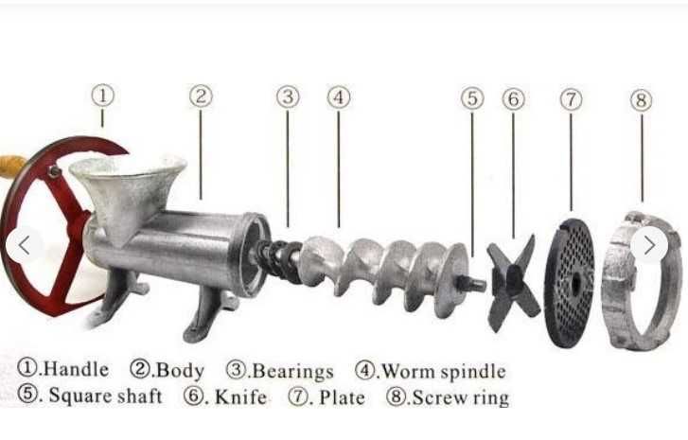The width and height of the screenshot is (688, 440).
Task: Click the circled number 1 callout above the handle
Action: [102, 96]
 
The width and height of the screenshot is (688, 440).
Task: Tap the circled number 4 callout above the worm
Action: [339, 97]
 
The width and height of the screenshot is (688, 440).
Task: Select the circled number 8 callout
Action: [642, 100]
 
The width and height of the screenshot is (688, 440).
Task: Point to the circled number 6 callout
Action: [513, 99]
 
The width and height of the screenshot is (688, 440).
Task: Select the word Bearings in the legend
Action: [293, 372]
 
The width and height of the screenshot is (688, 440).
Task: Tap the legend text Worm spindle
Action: [444, 372]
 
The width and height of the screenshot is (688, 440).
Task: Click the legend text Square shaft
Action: [105, 396]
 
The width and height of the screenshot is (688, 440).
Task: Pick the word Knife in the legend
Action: [240, 397]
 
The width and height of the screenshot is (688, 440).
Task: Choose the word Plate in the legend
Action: [342, 397]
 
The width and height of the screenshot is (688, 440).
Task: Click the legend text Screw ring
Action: [461, 398]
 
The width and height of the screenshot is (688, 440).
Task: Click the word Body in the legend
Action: [181, 371]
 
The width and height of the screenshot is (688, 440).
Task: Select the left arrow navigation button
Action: [25, 245]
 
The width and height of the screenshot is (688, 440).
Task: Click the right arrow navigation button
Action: [649, 245]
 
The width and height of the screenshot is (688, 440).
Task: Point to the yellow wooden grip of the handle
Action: [10, 167]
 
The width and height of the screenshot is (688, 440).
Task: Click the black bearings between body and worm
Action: [278, 261]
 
